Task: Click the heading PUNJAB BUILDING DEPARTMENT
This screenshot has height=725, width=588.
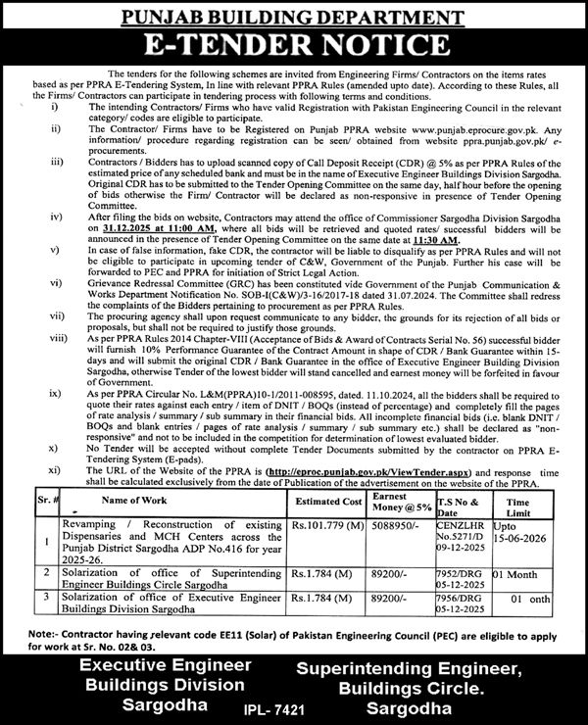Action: tap(294, 15)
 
